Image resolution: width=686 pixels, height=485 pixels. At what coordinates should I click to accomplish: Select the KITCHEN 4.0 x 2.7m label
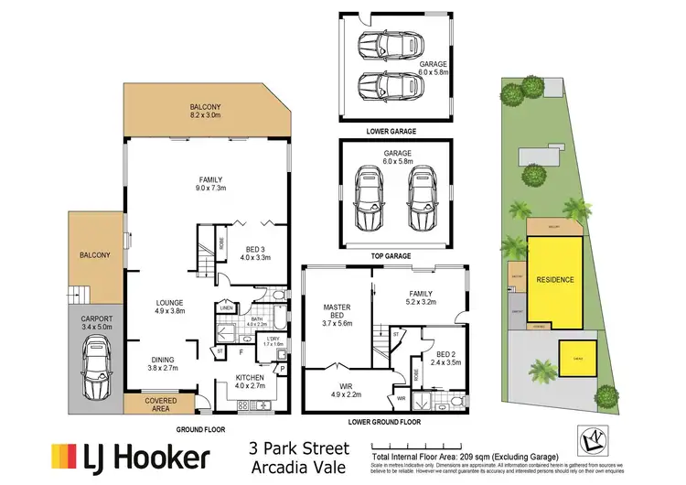(249, 382)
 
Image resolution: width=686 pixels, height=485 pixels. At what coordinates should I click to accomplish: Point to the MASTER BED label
(338, 313)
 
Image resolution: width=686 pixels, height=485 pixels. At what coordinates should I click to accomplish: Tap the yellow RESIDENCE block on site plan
(554, 279)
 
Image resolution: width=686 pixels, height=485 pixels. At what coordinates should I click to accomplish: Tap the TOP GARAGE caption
(394, 256)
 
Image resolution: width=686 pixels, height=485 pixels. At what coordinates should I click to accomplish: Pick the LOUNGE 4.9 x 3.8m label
(169, 307)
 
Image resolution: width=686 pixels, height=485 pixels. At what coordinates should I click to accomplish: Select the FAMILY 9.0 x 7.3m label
(211, 185)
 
